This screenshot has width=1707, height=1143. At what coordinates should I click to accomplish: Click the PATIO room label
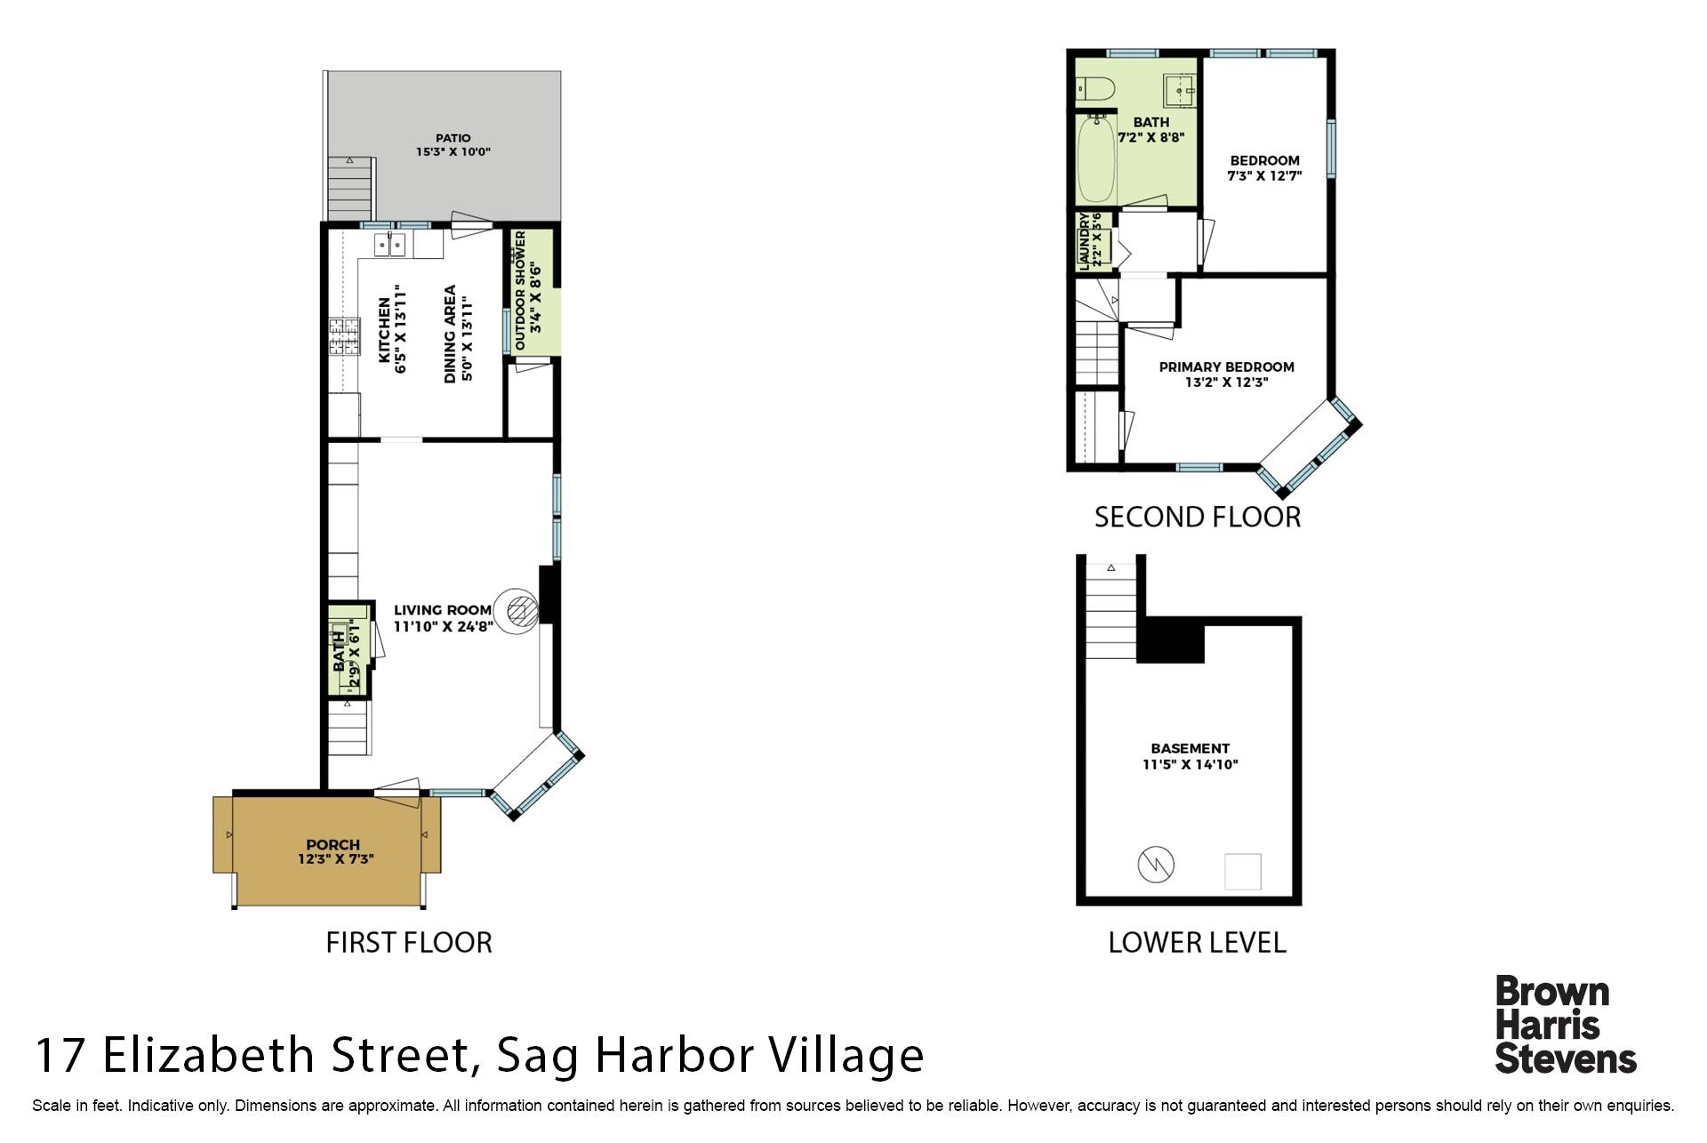tap(453, 138)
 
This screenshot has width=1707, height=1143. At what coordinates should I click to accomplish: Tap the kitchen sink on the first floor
tap(390, 244)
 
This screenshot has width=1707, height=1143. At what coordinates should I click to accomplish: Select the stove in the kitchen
tap(344, 337)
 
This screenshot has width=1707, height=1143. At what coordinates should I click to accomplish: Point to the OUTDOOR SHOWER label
tap(521, 290)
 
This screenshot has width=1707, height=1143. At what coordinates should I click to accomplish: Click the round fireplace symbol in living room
tap(517, 611)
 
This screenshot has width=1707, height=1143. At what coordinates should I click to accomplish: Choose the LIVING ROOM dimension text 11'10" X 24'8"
tap(443, 626)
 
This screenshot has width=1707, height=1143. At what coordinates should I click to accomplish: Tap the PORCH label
tap(333, 844)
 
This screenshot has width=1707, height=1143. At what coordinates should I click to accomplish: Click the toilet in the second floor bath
tap(1095, 89)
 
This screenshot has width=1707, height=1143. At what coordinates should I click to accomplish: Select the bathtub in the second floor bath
tap(1096, 161)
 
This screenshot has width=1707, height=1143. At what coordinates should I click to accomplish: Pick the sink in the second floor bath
tap(1180, 91)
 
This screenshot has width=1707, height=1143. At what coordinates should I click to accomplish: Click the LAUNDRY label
tap(1084, 240)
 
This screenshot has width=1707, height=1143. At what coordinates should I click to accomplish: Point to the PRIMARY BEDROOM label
tap(1226, 366)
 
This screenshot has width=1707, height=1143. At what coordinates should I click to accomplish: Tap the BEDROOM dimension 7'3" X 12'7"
tap(1264, 176)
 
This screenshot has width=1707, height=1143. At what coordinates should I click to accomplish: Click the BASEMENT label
tap(1190, 748)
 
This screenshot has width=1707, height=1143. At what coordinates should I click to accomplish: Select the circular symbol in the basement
tap(1156, 864)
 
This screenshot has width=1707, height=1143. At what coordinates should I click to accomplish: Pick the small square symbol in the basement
tap(1243, 872)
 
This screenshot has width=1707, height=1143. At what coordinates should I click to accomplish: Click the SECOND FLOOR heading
tap(1198, 517)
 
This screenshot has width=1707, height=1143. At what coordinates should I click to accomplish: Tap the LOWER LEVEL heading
tap(1197, 942)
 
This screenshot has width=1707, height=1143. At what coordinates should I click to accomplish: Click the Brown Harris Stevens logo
tap(1566, 1025)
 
